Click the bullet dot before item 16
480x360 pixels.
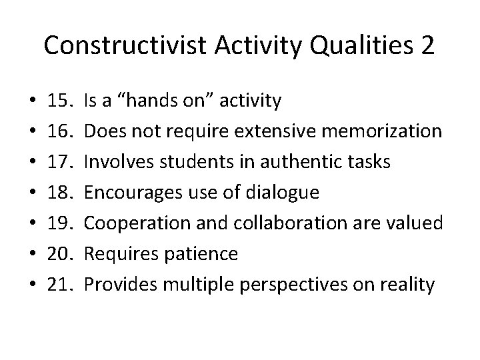pos(24,132)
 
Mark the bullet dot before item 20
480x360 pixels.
pos(24,255)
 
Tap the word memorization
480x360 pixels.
pos(383,132)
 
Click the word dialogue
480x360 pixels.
pos(282,193)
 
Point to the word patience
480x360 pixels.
pos(201,255)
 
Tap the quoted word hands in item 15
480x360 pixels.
pos(152,101)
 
